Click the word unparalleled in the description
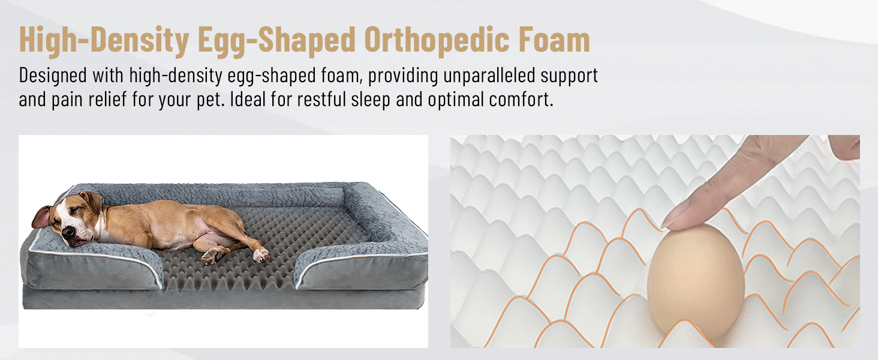[489, 75]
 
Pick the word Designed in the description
[53, 75]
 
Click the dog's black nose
[68, 232]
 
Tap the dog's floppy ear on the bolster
[41, 217]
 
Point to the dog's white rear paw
[261, 255]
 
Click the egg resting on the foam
[696, 283]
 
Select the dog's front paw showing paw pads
[211, 256]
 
